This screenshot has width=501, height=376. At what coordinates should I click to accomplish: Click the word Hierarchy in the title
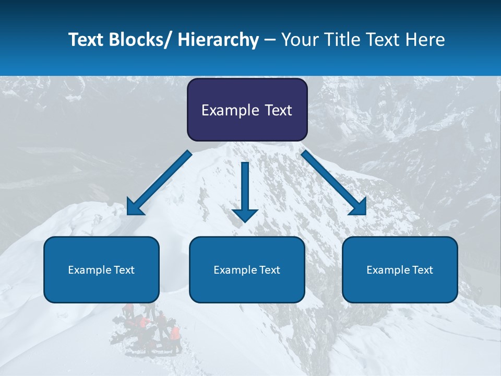[x=218, y=40]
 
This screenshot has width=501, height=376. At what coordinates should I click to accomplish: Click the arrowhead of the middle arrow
[x=245, y=214]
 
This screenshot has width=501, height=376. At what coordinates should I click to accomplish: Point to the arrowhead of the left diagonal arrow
[x=135, y=207]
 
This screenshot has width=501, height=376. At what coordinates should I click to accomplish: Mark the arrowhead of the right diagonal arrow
[x=358, y=207]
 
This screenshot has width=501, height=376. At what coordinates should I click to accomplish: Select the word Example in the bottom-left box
[x=90, y=270]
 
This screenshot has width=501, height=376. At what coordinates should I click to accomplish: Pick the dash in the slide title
[x=270, y=40]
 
